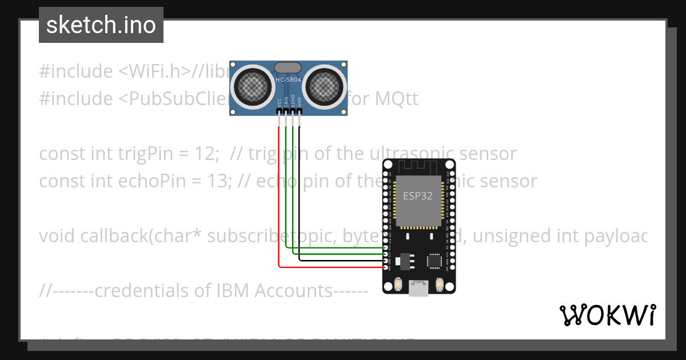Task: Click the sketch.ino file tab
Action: point(101,25)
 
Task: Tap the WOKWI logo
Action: point(607,315)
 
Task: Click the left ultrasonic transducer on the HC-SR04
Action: point(252,86)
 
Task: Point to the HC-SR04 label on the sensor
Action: point(288,80)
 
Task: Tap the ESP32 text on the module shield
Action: point(418,195)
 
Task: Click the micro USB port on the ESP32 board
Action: point(419,288)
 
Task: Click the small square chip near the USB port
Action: point(434,261)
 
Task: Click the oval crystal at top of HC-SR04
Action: point(288,67)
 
